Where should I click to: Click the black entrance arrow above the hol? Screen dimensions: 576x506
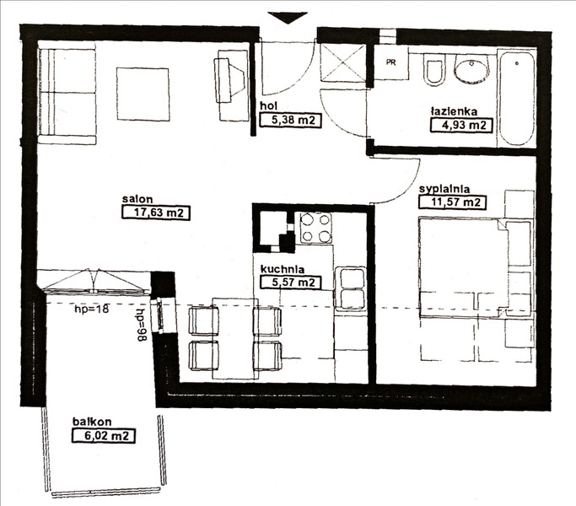288,17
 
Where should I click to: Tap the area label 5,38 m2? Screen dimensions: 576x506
291,120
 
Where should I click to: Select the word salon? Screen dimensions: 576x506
137,199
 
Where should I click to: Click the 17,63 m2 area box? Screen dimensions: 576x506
156,213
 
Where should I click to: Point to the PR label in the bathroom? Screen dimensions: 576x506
390,62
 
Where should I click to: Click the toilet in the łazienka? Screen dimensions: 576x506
434,70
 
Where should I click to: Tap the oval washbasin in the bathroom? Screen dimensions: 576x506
472,68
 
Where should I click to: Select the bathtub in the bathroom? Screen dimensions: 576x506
516,99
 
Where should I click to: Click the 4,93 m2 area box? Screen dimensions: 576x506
461,125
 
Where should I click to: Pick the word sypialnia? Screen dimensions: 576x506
444,189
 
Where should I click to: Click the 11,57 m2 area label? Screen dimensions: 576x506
452,202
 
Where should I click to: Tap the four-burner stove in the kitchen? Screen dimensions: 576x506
316,229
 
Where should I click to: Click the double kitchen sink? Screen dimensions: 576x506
350,288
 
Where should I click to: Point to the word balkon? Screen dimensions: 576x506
92,422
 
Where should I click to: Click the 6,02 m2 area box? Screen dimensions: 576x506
103,436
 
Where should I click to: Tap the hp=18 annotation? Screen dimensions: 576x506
92,309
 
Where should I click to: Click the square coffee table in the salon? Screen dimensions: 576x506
143,94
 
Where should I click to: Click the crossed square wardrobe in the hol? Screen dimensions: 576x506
343,62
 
